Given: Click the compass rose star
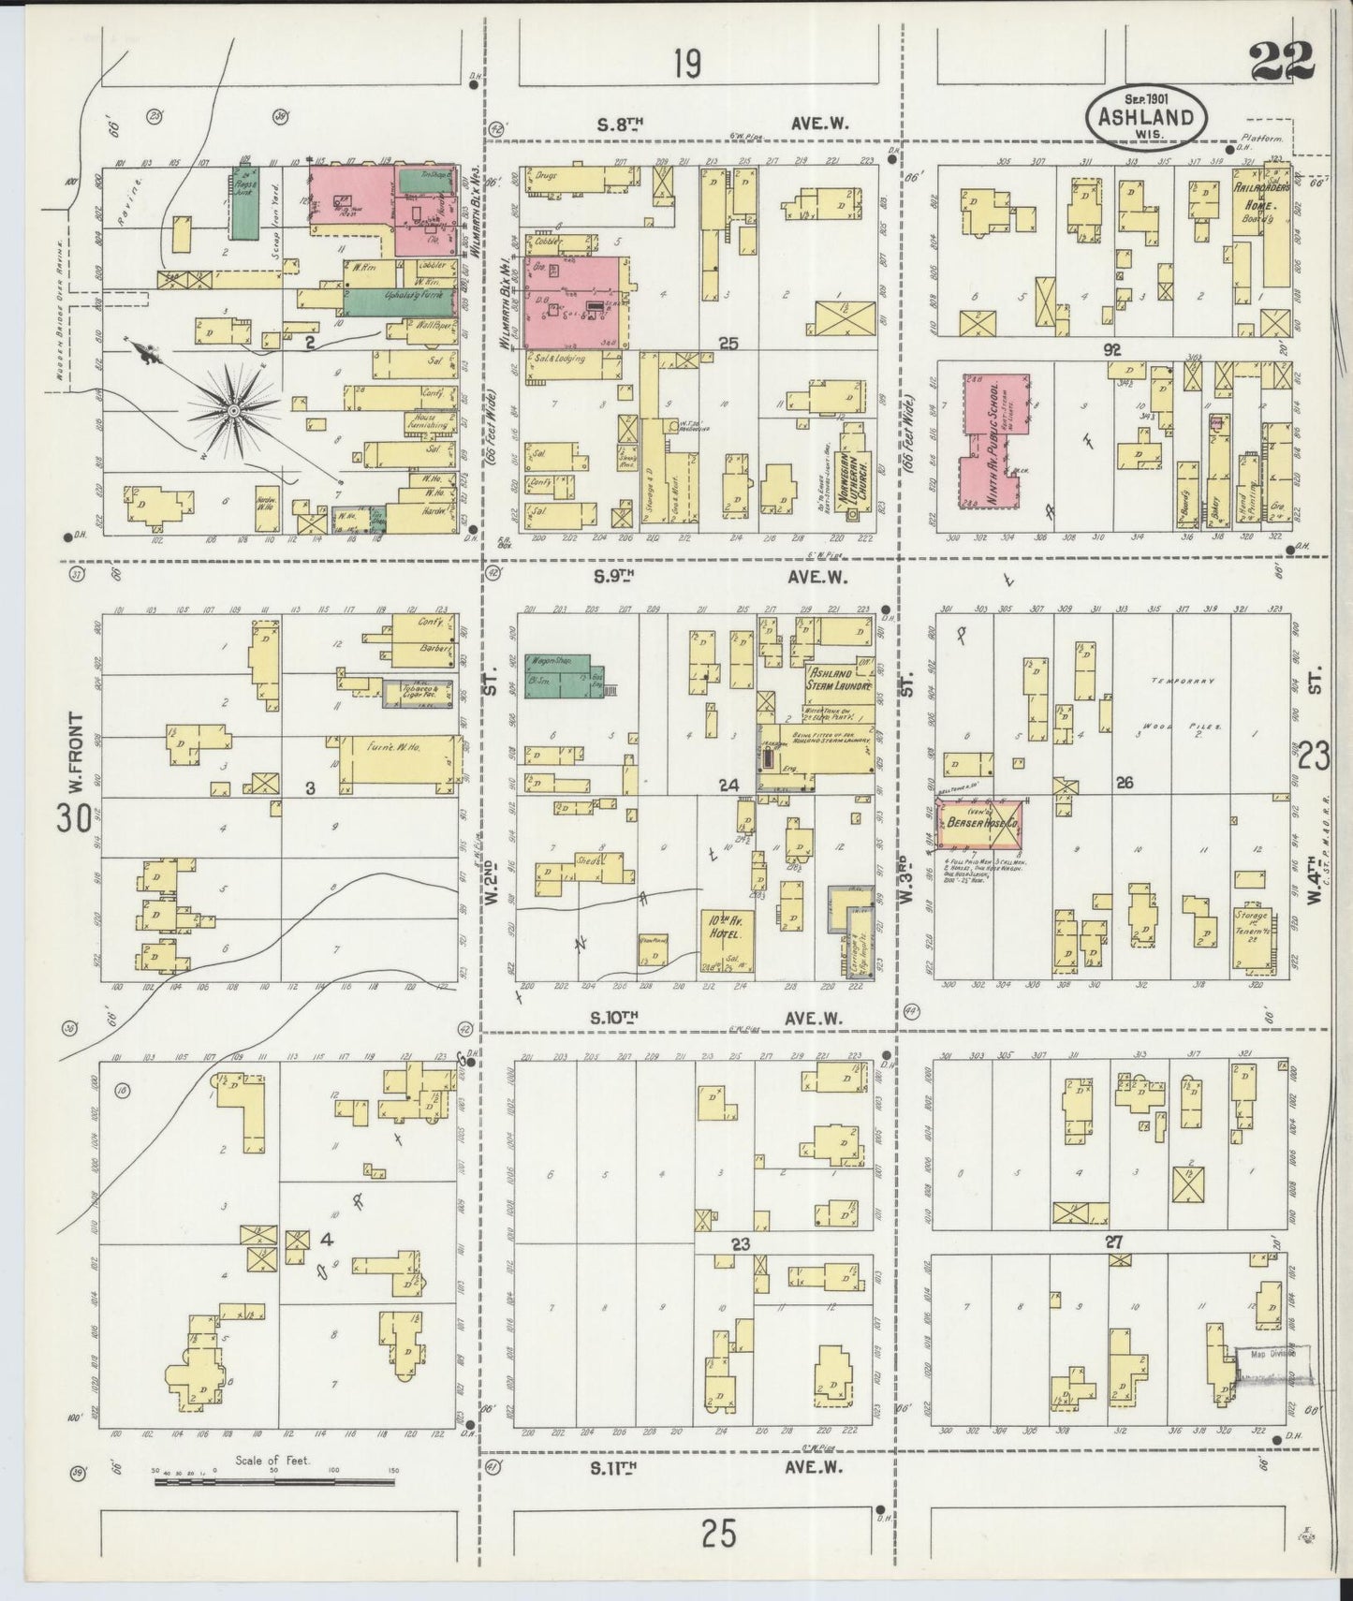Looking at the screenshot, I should [231, 408].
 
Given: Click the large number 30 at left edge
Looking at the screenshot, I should [75, 817].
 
